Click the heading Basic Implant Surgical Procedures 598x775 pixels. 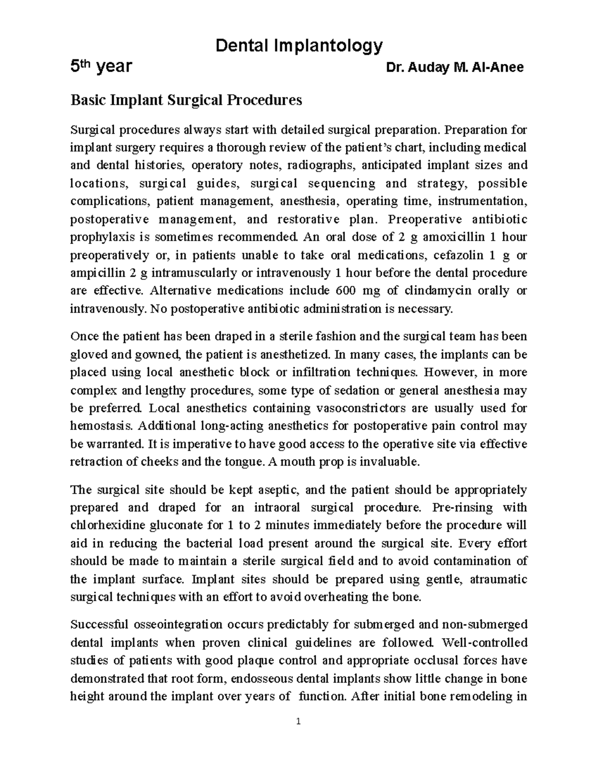coord(186,100)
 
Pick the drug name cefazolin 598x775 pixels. coord(458,256)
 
